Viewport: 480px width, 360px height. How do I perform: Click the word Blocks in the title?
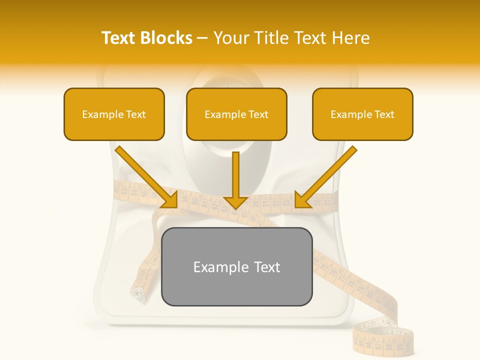[x=167, y=38]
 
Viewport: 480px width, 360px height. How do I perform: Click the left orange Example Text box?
[x=114, y=114]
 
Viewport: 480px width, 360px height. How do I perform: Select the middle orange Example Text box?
[x=236, y=114]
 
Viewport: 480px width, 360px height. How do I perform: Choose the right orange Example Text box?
[x=362, y=114]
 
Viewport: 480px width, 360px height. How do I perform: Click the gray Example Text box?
[x=236, y=266]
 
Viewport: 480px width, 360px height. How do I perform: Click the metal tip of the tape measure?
[x=136, y=293]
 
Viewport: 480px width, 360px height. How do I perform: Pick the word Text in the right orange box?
[x=384, y=114]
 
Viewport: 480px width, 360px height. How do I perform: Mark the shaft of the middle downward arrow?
[x=235, y=172]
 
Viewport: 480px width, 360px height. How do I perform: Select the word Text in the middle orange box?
[x=258, y=114]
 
